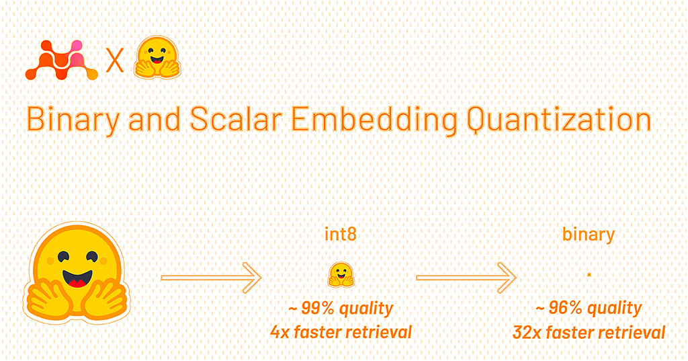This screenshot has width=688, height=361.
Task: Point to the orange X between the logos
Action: coord(116,62)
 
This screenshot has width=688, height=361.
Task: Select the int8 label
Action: coord(341,235)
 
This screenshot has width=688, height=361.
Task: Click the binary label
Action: coord(588,235)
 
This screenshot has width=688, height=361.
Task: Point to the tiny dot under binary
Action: coord(589,274)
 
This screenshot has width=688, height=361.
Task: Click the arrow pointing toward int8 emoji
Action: coord(211,276)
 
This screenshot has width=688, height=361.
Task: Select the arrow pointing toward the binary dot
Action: coord(466,276)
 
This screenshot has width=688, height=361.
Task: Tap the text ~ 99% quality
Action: coord(341,309)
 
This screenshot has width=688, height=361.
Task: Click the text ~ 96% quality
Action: coord(589,309)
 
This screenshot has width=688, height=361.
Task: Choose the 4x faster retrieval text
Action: coord(341,331)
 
